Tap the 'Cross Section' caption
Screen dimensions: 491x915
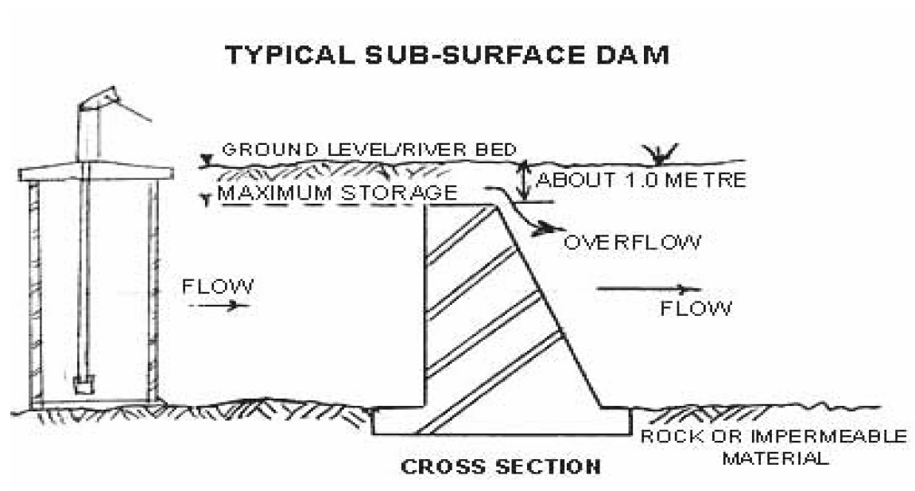pos(500,466)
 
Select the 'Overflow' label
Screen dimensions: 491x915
pos(632,242)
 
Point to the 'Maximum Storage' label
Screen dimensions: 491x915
pos(337,193)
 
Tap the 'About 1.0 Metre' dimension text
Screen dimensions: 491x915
pos(641,181)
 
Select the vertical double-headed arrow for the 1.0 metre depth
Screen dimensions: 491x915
pos(522,181)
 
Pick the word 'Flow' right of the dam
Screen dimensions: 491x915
pos(696,308)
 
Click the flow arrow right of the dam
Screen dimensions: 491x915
pos(649,290)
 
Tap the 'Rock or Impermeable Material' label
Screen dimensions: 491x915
pos(773,447)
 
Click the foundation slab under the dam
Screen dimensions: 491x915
pos(502,422)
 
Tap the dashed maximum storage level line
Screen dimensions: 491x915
pos(318,205)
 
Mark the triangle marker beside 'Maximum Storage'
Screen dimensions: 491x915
pos(208,199)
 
